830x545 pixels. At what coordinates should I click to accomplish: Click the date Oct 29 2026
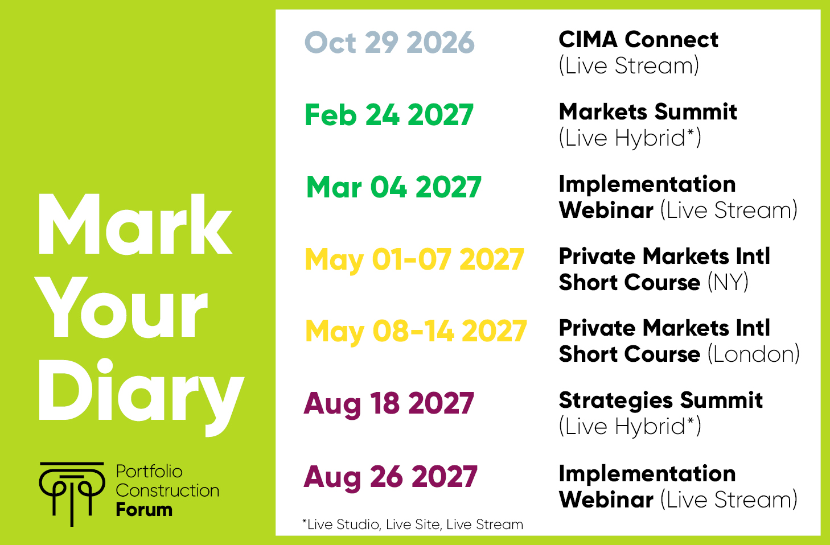coord(389,42)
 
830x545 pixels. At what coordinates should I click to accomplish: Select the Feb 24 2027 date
coord(389,115)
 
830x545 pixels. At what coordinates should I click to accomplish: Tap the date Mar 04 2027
coord(393,187)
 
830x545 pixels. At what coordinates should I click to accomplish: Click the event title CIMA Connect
coord(638,39)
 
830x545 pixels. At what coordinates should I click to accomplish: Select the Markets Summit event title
coord(648,112)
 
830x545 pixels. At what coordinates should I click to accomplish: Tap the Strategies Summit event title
coord(661,401)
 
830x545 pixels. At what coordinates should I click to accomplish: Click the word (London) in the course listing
coord(753,354)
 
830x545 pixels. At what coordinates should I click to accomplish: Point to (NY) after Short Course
coord(728,282)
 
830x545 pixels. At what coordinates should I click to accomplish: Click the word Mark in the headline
coord(135,224)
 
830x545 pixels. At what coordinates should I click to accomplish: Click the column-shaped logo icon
coord(72,494)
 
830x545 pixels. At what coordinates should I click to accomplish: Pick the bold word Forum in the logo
coord(144,510)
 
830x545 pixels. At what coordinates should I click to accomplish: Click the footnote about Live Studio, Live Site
coord(413,525)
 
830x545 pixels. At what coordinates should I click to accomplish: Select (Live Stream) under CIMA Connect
coord(629,65)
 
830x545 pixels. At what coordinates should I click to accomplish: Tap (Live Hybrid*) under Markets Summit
coord(630,138)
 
